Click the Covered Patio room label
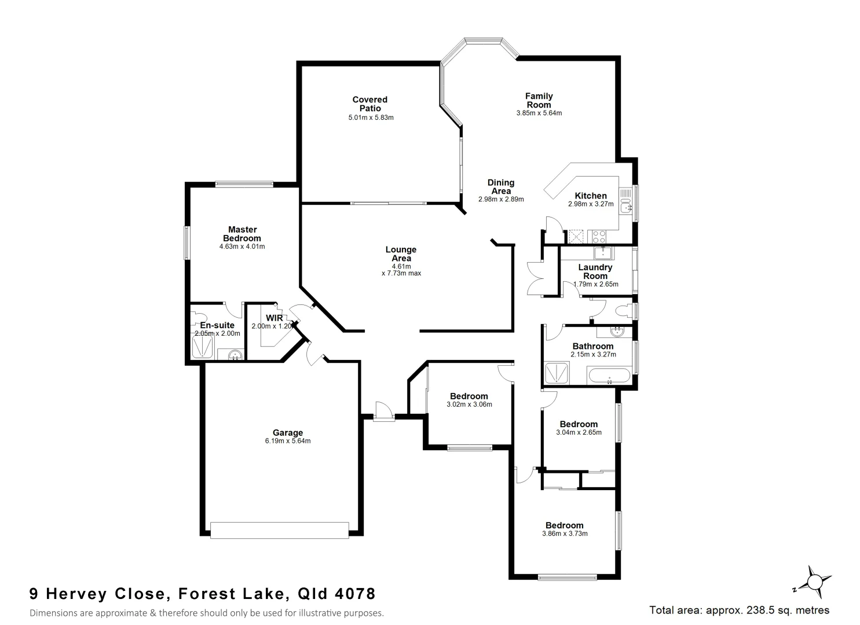pyautogui.click(x=369, y=104)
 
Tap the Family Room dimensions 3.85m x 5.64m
pyautogui.click(x=539, y=113)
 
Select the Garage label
pyautogui.click(x=288, y=432)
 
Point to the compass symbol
pyautogui.click(x=814, y=581)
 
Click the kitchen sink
pyautogui.click(x=625, y=205)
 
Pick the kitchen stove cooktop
pyautogui.click(x=596, y=236)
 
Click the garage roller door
pyautogui.click(x=280, y=530)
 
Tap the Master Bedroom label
pyautogui.click(x=242, y=234)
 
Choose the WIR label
pyautogui.click(x=274, y=318)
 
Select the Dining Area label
pyautogui.click(x=500, y=186)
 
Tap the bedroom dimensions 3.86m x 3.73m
pyautogui.click(x=565, y=534)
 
